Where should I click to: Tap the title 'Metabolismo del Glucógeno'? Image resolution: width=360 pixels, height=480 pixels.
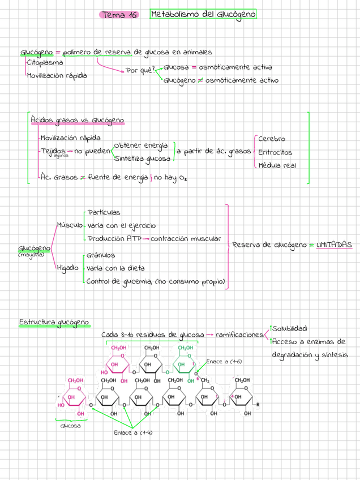pos(203,14)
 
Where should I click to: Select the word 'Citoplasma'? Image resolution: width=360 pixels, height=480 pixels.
pos(45,63)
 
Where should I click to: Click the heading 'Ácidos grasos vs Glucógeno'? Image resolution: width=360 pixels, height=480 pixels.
pos(77,121)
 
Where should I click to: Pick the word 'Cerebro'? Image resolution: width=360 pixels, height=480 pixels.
pos(272,139)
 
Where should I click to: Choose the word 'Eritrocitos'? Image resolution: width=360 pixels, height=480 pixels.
pos(275,152)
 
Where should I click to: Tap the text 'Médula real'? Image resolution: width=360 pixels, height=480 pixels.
pos(277,166)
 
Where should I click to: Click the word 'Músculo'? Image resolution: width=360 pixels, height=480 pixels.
pos(68,225)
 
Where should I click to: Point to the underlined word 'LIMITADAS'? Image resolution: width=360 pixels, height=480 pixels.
pos(334,245)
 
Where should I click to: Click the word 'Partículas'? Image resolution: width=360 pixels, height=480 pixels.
pos(104,212)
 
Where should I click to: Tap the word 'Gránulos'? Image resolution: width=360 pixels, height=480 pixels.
pos(101,255)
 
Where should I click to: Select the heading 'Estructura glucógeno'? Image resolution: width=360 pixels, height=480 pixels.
pos(54,323)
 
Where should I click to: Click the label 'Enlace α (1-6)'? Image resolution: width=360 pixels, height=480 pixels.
pos(224,361)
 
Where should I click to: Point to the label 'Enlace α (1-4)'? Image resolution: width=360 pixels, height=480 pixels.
pos(133,433)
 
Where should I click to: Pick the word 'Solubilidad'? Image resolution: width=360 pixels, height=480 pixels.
pos(289,328)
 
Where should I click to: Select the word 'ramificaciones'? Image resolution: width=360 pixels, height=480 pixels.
pos(239,335)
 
